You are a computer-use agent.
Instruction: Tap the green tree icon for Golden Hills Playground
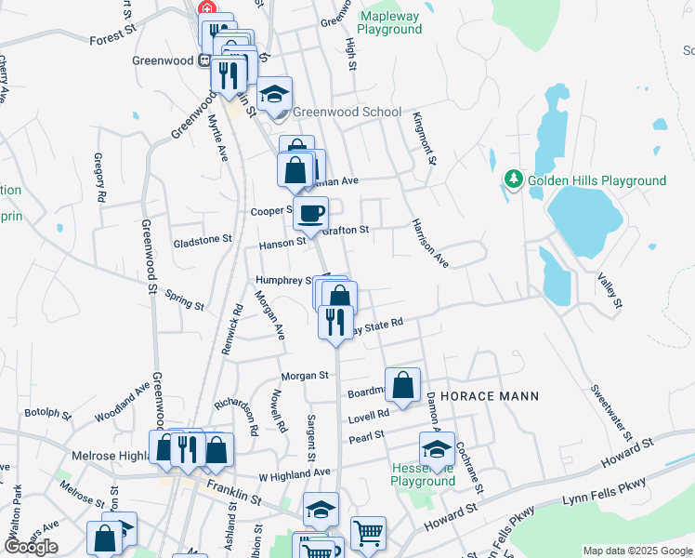tap(512, 179)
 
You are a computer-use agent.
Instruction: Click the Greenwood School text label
tap(347, 112)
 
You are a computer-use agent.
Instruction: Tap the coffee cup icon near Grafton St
tap(311, 213)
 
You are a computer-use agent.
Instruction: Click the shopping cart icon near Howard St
tap(368, 534)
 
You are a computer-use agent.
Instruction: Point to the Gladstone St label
tap(203, 240)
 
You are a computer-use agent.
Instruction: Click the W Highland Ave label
tap(295, 473)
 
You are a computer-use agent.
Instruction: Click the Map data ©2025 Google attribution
tap(637, 551)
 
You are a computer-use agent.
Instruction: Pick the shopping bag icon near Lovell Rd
tap(402, 385)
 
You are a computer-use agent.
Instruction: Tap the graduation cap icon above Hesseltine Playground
tap(437, 448)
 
